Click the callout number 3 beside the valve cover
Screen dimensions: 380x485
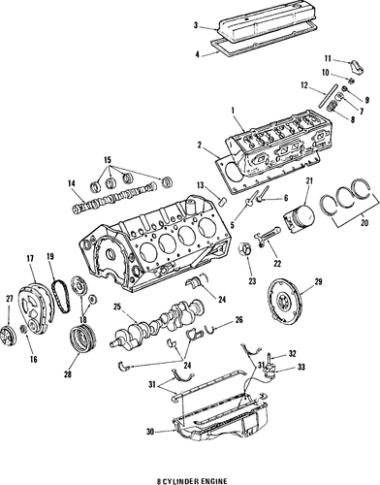196,25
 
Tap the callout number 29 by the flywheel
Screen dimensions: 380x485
318,282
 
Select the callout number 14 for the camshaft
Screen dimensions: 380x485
72,183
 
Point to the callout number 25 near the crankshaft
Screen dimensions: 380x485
117,306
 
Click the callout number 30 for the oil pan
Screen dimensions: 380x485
150,431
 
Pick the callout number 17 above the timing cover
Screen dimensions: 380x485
30,258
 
